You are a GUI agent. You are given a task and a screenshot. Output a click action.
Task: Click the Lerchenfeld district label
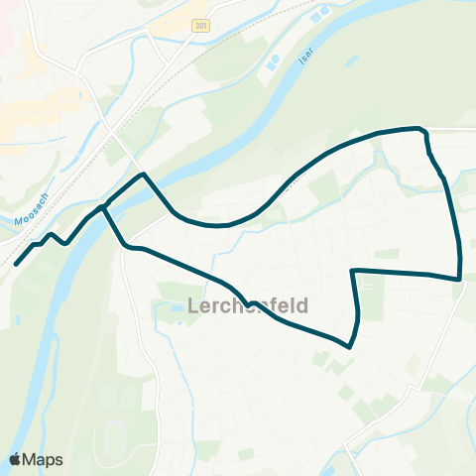pos(247,303)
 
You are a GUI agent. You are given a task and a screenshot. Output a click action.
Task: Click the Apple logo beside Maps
pos(16,459)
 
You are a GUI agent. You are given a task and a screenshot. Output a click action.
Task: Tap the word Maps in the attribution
pos(44,459)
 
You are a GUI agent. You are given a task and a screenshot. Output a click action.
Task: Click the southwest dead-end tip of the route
pos(16,265)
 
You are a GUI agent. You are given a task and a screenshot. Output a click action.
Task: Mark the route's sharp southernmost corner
pos(349,346)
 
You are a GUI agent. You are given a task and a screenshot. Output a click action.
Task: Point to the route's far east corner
pos(460,279)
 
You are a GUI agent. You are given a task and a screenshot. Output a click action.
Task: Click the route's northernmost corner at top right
pos(423,129)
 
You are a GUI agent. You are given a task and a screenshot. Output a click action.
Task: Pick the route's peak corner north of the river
pos(145,175)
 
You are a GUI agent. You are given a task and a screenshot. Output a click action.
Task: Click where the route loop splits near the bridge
pos(103,207)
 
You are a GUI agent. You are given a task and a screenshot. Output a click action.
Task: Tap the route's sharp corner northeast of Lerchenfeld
pos(353,270)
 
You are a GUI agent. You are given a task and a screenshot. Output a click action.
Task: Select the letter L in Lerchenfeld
pos(193,303)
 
